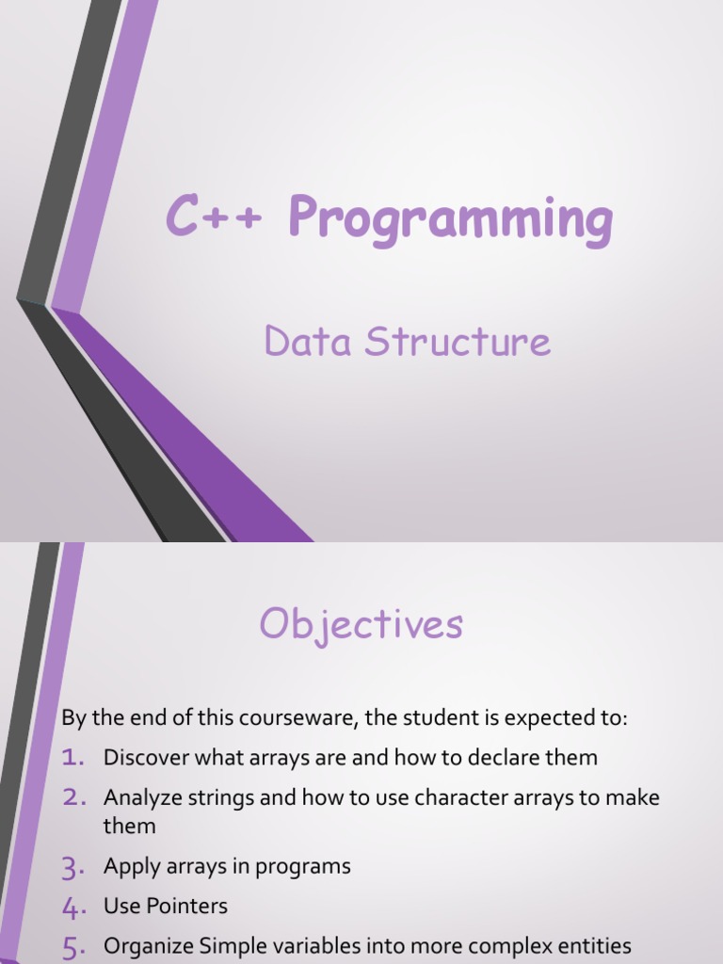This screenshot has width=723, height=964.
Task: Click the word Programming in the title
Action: (x=451, y=218)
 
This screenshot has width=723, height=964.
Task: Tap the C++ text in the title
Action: (x=218, y=217)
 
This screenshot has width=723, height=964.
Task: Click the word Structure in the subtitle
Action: (x=458, y=341)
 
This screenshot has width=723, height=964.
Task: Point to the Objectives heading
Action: (x=361, y=624)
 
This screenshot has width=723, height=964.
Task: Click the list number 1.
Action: (x=74, y=757)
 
